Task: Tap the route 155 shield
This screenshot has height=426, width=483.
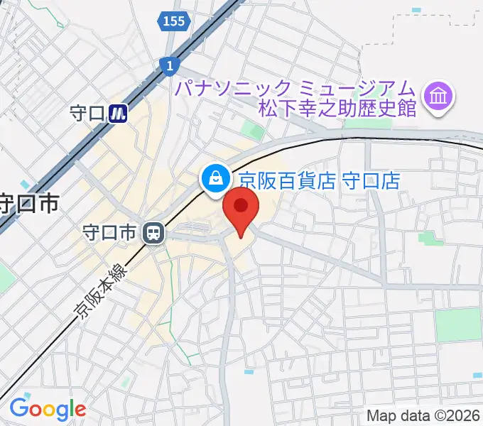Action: (173, 21)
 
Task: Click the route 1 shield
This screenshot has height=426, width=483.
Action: (170, 66)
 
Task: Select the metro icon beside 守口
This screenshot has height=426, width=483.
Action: (119, 112)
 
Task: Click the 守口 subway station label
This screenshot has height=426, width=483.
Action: (88, 112)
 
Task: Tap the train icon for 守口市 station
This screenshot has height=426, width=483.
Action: (152, 232)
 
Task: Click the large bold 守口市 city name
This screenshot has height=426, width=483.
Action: (28, 204)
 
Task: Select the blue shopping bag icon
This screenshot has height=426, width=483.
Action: (213, 178)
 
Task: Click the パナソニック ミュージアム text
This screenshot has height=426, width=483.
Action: (295, 89)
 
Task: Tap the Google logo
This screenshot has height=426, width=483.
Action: (47, 408)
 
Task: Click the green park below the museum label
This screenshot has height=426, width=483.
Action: (252, 130)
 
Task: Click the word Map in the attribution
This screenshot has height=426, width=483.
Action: (381, 415)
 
